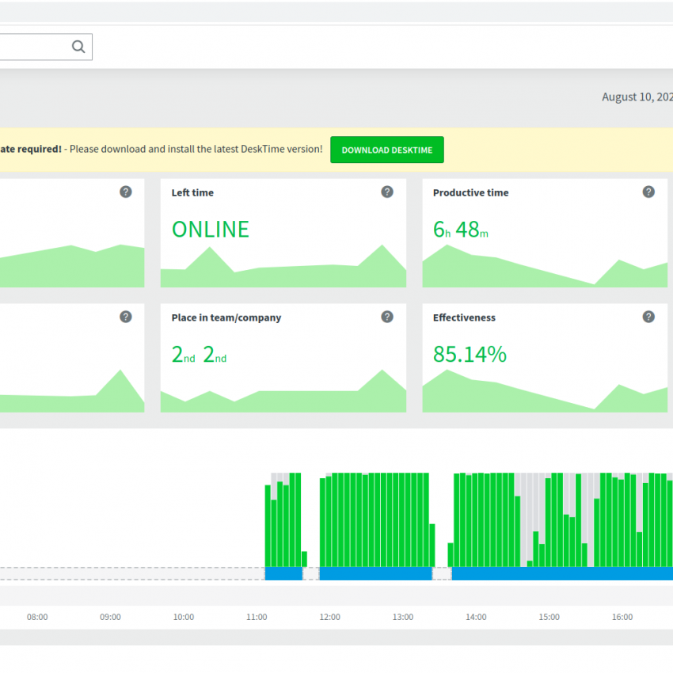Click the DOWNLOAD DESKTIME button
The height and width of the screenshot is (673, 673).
pos(386,150)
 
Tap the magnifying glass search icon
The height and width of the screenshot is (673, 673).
pos(78,47)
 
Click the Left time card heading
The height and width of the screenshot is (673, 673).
pos(192,192)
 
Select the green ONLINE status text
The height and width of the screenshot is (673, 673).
pos(211,229)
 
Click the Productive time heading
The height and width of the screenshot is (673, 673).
pos(470,192)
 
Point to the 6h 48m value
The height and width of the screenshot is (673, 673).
pos(461,229)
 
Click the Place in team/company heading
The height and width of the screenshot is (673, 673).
pos(226,317)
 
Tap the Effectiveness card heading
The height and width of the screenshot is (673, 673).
pos(464,317)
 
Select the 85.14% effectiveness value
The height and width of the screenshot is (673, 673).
pos(470,355)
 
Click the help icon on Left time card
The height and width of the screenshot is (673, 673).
pos(387,192)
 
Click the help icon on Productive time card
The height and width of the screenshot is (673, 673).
pos(648,192)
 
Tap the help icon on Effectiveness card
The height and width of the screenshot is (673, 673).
pos(648,317)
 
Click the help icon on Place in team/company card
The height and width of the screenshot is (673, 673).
pos(387,317)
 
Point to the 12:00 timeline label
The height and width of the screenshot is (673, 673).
pos(329,617)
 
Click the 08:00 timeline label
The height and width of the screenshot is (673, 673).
pos(37,617)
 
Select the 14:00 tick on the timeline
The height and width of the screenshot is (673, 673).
pos(476,617)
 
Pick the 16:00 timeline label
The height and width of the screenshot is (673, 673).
pos(622,617)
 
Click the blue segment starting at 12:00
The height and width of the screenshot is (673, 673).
pos(375,573)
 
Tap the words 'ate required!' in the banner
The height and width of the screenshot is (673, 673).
pos(31,149)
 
